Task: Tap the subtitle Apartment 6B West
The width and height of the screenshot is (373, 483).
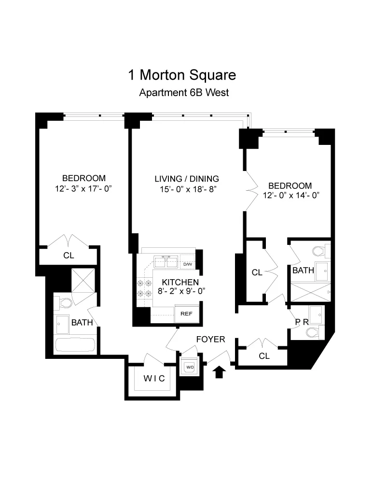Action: [x=184, y=93]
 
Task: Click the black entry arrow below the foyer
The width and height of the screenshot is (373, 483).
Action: [x=219, y=372]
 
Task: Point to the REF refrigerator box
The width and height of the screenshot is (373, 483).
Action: [x=186, y=313]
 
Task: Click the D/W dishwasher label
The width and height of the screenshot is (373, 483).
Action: [x=188, y=264]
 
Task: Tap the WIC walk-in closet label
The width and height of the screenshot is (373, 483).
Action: [x=154, y=379]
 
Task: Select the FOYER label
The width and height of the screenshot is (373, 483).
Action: [x=210, y=340]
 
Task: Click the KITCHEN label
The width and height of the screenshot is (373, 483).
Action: [x=180, y=282]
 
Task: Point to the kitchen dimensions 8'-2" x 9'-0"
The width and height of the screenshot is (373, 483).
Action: [x=180, y=291]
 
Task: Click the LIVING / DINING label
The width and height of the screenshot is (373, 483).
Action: [x=187, y=178]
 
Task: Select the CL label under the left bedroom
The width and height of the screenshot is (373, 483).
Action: [x=69, y=256]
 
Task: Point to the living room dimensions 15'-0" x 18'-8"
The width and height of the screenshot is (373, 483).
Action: [x=187, y=189]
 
